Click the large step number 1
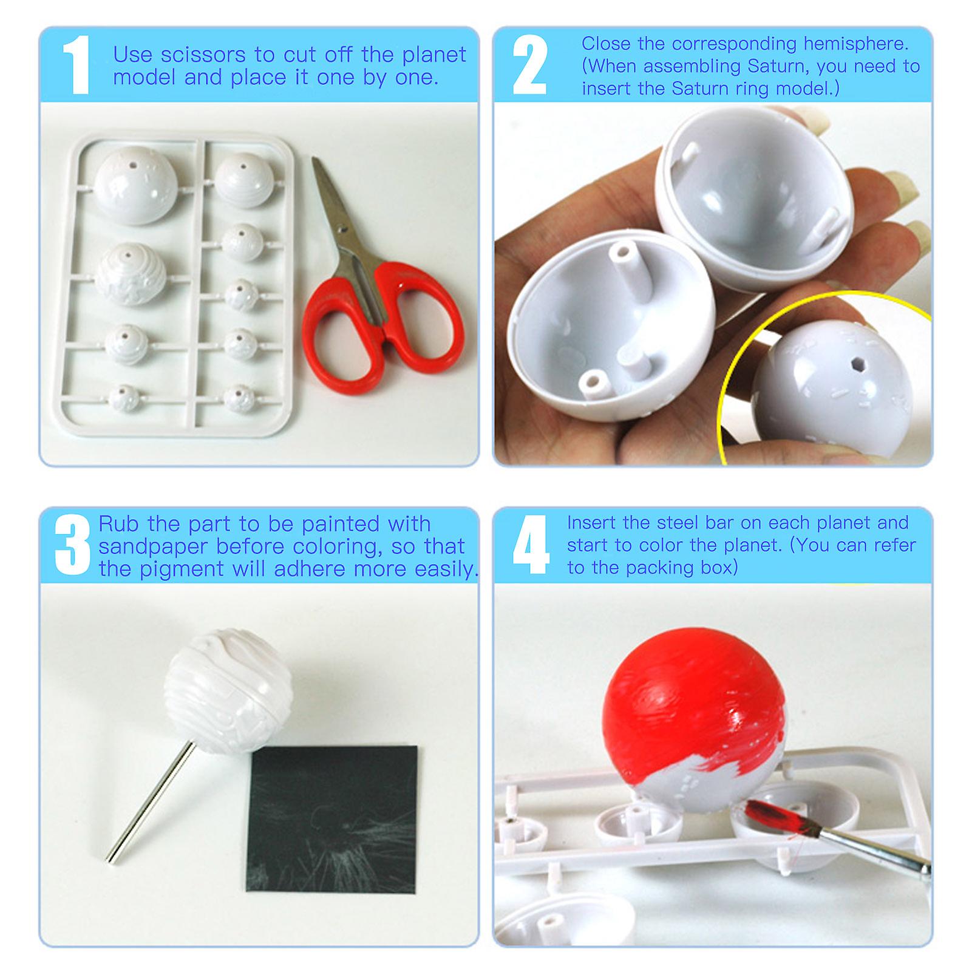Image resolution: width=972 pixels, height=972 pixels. click(x=77, y=66)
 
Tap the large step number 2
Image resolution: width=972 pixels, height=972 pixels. click(x=529, y=66)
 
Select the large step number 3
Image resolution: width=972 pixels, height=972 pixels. click(x=72, y=545)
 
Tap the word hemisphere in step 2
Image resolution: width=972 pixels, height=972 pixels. click(x=856, y=44)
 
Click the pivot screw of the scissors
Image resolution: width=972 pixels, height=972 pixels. click(x=344, y=230)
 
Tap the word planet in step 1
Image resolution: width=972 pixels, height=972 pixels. click(x=433, y=55)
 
